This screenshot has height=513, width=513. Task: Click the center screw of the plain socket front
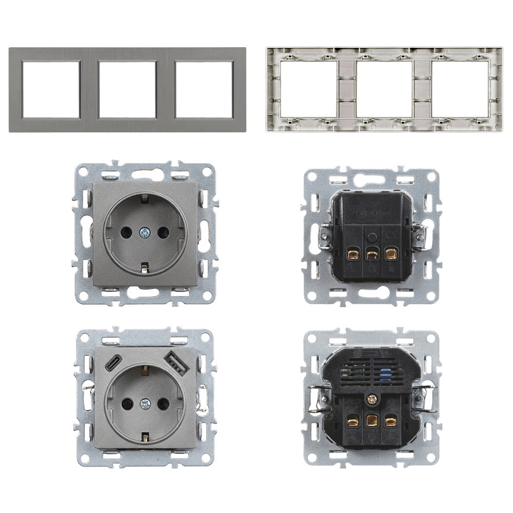point(145,232)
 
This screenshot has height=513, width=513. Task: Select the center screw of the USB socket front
point(145,404)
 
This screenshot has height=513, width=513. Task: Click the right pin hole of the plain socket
point(163,232)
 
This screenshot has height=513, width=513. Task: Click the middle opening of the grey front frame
point(127,89)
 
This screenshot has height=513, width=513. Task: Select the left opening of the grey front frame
point(51,89)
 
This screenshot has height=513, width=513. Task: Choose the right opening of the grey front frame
point(204,89)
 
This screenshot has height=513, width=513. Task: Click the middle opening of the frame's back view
point(384,90)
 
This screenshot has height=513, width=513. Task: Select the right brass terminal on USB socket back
point(391,422)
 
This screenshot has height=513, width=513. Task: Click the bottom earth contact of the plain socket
point(145,267)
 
